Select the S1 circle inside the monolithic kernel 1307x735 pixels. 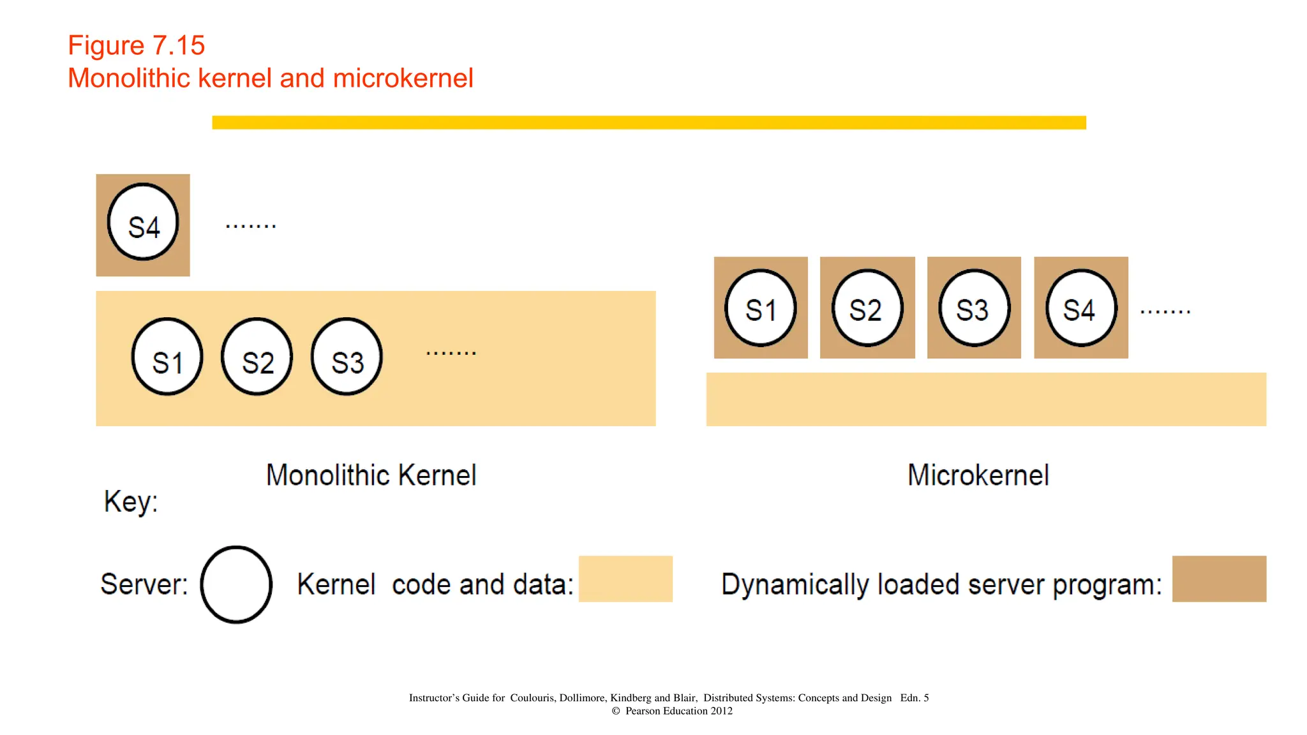pos(167,357)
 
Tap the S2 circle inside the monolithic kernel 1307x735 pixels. pos(257,357)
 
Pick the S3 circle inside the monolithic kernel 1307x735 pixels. pos(347,357)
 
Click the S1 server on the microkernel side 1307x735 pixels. pos(761,308)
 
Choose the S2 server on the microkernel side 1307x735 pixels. pos(867,308)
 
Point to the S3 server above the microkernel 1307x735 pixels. pos(975,308)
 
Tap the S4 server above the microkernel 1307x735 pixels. pos(1081,308)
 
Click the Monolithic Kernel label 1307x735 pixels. pos(371,475)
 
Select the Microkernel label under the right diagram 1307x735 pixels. pos(978,475)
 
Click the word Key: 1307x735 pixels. pos(131,501)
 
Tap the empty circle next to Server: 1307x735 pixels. pos(236,584)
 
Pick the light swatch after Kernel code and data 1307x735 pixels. pos(625,579)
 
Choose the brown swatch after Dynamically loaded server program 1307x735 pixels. pos(1219,579)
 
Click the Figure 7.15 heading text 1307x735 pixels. pos(136,45)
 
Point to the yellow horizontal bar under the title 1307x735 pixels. pos(648,122)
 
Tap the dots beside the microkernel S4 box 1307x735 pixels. pos(1165,311)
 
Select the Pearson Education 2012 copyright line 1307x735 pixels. pos(672,711)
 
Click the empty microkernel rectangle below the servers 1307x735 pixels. pos(986,399)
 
